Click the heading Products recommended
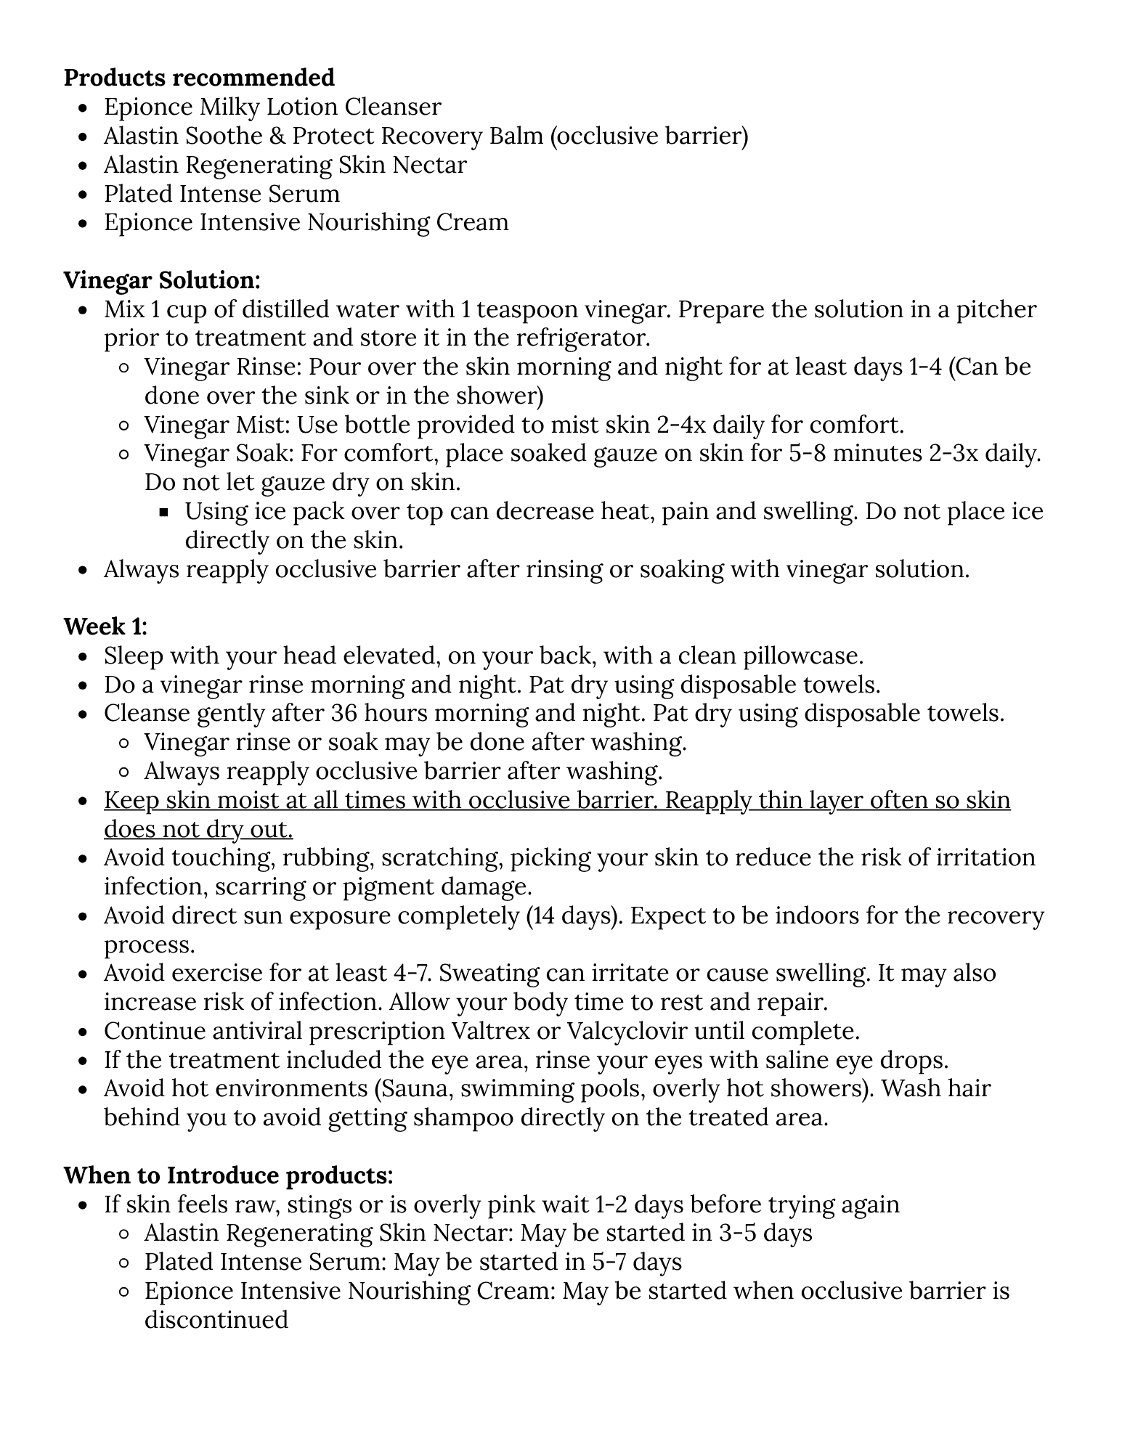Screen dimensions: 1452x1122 click(199, 78)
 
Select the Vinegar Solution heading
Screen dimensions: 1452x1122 click(162, 280)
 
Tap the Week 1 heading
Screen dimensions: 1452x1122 click(105, 626)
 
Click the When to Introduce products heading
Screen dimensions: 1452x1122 click(229, 1175)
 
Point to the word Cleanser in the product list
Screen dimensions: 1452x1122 click(393, 107)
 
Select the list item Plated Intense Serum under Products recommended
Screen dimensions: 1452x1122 click(221, 194)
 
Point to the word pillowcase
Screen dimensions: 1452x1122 click(802, 656)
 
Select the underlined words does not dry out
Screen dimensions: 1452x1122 click(198, 829)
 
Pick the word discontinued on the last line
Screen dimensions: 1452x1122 click(216, 1319)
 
